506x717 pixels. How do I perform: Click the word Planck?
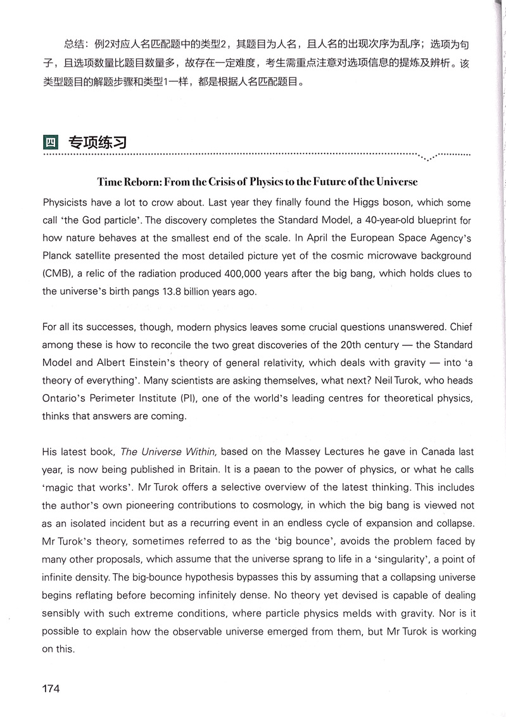(59, 256)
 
